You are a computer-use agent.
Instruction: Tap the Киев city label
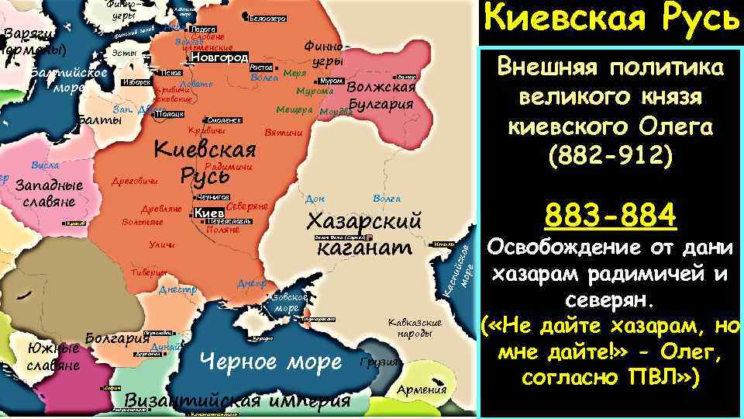click(x=208, y=213)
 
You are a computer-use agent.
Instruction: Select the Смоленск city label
click(x=225, y=120)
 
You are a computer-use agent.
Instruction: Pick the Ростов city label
click(x=260, y=68)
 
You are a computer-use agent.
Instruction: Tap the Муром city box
click(x=331, y=81)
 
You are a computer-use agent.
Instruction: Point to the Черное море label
click(x=270, y=362)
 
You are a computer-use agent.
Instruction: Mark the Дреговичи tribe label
click(x=135, y=181)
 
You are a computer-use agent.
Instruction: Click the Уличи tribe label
click(x=161, y=245)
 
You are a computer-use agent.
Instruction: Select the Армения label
click(x=422, y=389)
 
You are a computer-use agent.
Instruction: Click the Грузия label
click(x=380, y=362)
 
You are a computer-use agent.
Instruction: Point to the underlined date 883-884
click(x=611, y=215)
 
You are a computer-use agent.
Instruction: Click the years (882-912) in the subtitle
click(x=611, y=156)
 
